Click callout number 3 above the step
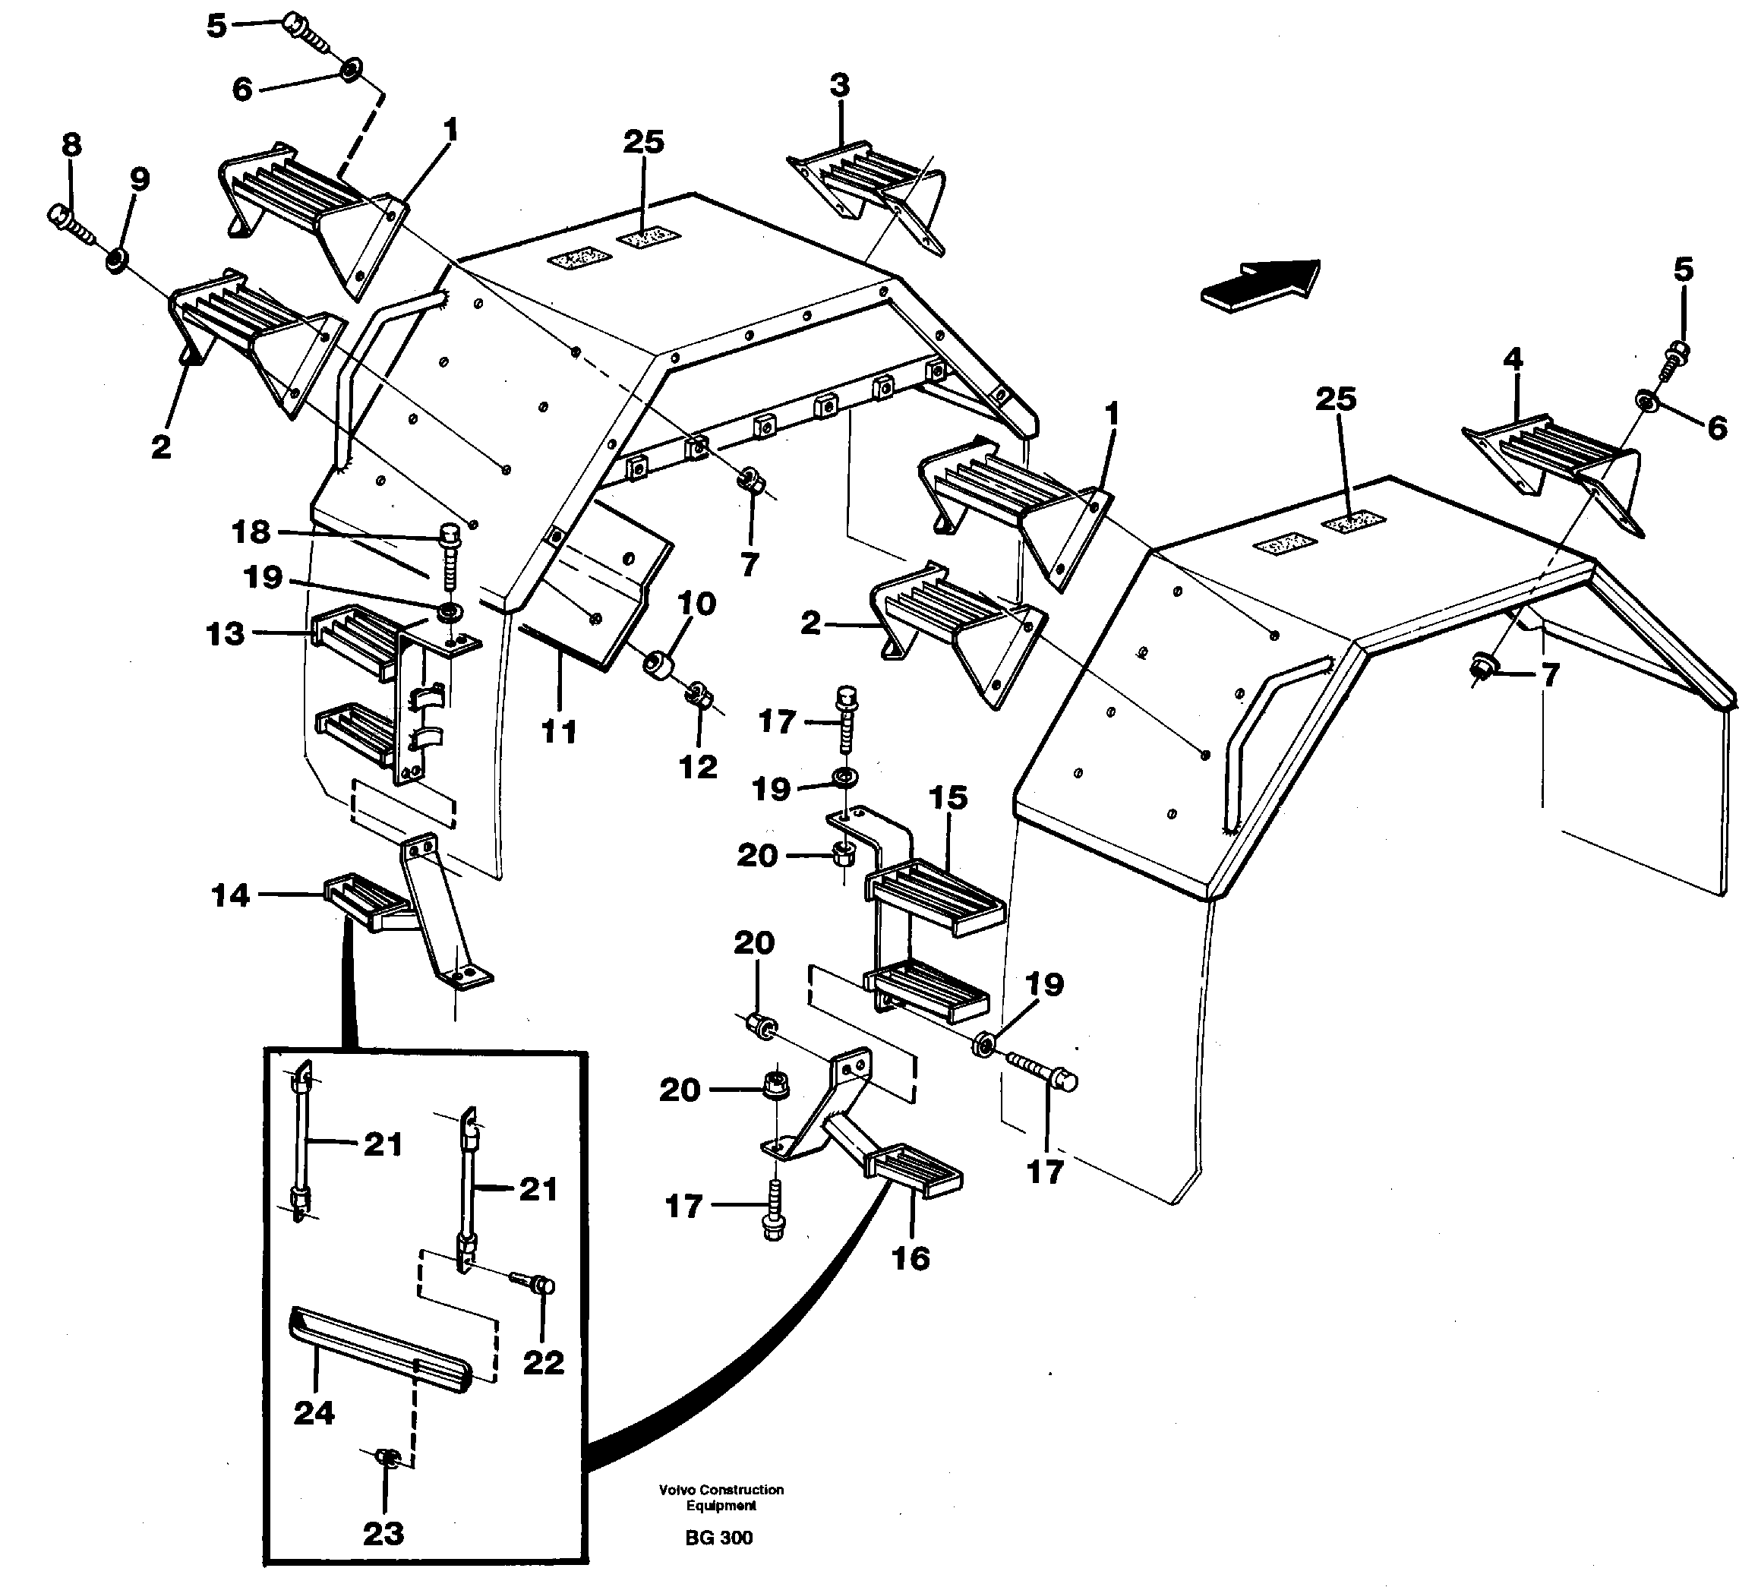[839, 87]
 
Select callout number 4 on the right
[1513, 359]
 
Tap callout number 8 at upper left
[71, 145]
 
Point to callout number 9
[140, 180]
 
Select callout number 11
[559, 731]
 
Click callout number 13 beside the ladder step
[225, 633]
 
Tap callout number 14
[230, 895]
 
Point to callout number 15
[948, 798]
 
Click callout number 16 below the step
[911, 1257]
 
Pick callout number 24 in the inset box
[314, 1412]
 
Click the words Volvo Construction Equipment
[721, 1497]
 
